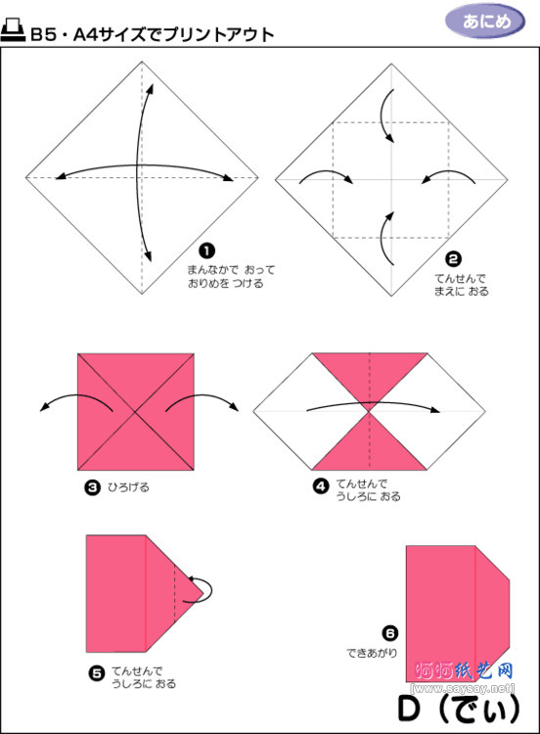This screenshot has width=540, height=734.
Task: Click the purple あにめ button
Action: pos(484,20)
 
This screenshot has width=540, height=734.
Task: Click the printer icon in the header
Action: pos(14,32)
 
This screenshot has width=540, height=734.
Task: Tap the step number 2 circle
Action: pos(453,259)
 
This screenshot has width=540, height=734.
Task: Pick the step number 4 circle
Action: pos(320,484)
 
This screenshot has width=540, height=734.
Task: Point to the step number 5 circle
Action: pos(96,672)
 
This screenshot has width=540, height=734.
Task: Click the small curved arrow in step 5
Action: pos(206,585)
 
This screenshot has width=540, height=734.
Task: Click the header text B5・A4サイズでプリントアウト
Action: pos(152,34)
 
